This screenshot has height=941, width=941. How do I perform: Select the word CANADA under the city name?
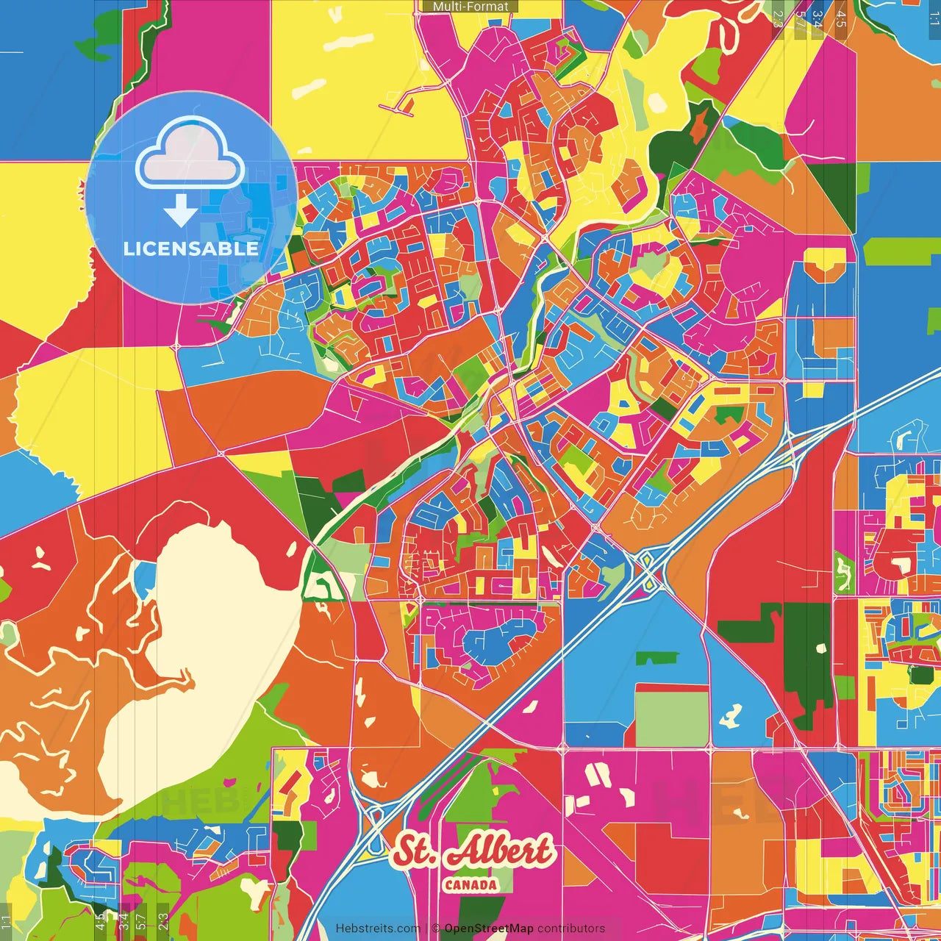pyautogui.click(x=470, y=885)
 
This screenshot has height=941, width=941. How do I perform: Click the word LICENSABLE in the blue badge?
pyautogui.click(x=191, y=248)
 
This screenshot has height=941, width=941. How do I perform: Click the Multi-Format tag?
pyautogui.click(x=470, y=7)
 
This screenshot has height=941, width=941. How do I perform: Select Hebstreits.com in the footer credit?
pyautogui.click(x=378, y=929)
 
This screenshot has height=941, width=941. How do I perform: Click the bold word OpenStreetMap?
pyautogui.click(x=489, y=929)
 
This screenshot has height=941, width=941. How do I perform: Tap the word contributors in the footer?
pyautogui.click(x=571, y=929)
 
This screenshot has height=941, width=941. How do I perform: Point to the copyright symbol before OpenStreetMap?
pyautogui.click(x=436, y=929)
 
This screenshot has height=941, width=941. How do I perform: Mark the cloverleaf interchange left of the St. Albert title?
pyautogui.click(x=374, y=817)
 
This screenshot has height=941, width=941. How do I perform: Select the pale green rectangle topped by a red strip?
pyautogui.click(x=671, y=718)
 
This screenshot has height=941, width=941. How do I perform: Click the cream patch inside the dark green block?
pyautogui.click(x=821, y=648)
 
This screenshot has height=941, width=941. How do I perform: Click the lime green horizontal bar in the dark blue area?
pyautogui.click(x=901, y=251)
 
